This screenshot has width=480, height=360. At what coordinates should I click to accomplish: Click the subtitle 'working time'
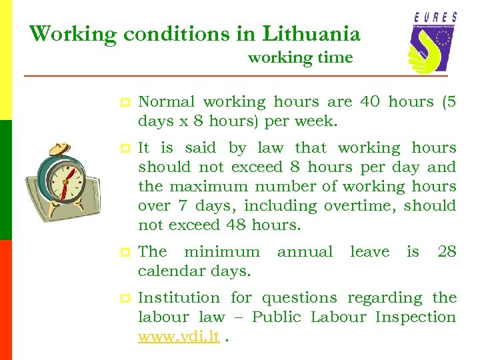tap(300, 58)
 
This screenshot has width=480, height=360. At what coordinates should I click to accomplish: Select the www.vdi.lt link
tap(179, 337)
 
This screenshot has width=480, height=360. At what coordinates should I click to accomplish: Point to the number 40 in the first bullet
tap(370, 102)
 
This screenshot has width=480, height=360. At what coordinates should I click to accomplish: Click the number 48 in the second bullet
tap(236, 225)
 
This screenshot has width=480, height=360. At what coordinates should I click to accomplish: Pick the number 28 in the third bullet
tap(447, 252)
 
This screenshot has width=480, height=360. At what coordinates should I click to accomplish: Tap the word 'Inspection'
tap(416, 317)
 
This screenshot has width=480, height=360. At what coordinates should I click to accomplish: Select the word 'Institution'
tap(178, 298)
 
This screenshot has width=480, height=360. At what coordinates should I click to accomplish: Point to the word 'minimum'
tap(221, 252)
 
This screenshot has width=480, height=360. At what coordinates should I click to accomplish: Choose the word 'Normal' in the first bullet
tap(166, 102)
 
